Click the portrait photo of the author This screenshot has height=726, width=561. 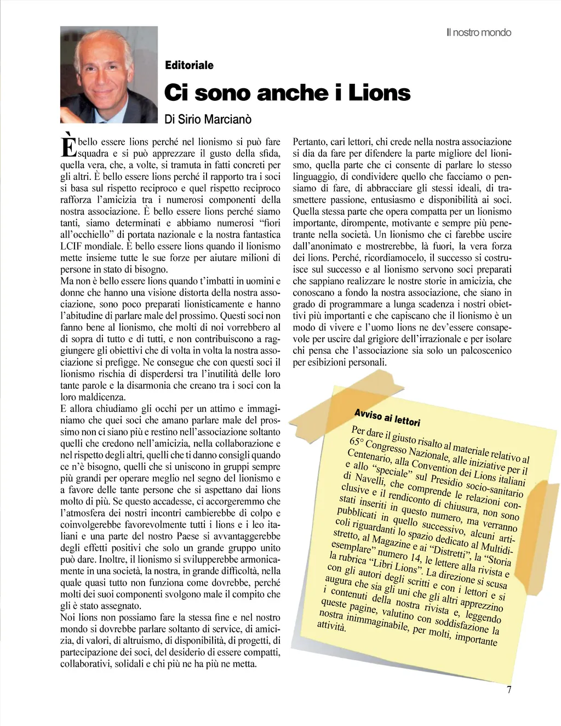coord(108,75)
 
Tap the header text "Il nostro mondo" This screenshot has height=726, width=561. coord(478,32)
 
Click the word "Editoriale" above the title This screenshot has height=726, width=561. coord(189,65)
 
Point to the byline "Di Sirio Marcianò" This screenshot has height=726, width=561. coord(208,118)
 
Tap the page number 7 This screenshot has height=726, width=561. coord(509,690)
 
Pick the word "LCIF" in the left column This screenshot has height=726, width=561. coord(71,246)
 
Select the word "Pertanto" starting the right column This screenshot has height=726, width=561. coord(311,142)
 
